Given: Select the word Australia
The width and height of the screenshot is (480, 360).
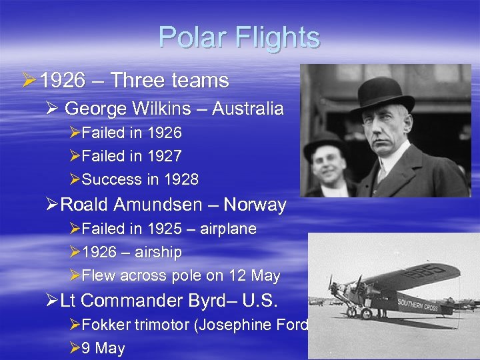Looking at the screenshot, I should pos(247,108).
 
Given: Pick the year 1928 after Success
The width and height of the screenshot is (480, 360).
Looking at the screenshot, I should pos(181,179).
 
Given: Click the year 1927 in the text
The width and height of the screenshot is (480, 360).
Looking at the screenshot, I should pos(164,156).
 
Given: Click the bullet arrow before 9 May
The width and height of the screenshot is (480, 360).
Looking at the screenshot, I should pos(75,349).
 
